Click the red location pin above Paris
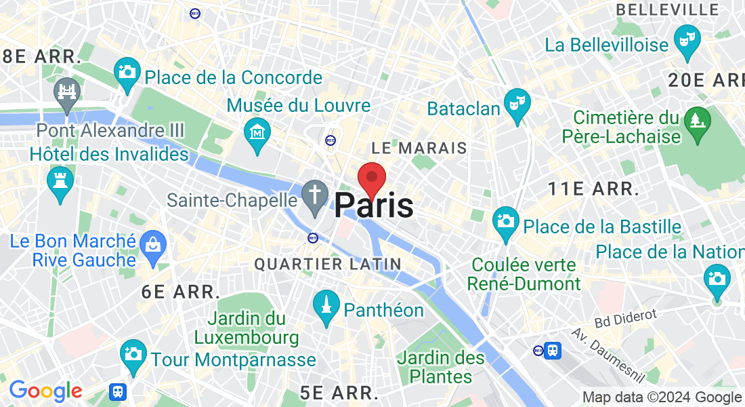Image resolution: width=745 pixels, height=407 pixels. (372, 178)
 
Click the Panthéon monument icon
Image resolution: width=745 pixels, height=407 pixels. (326, 305)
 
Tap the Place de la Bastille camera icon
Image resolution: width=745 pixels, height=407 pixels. (505, 222)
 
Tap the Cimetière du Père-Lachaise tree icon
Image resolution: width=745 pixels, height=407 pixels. (696, 122)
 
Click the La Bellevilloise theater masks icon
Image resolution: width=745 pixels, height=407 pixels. (688, 37)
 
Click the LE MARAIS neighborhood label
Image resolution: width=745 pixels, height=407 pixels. (419, 148)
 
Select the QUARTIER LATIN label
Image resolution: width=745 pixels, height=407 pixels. (328, 264)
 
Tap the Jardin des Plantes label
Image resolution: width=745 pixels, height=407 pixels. (442, 366)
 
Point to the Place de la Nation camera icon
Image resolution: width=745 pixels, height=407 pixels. (716, 279)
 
